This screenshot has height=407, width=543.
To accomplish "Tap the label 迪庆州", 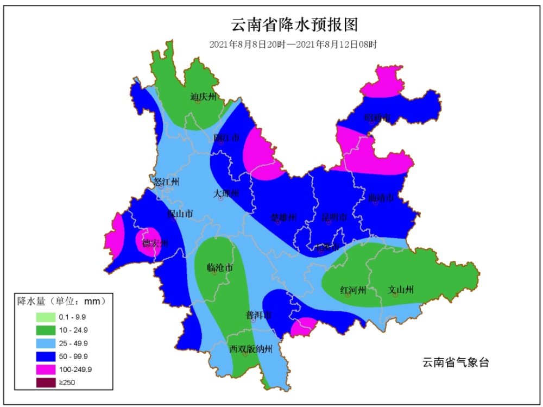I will click(x=203, y=97).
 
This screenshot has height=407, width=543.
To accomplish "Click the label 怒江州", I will click(x=166, y=182).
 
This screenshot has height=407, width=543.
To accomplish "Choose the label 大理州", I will click(x=226, y=193).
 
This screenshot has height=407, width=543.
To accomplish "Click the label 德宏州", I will click(x=155, y=243).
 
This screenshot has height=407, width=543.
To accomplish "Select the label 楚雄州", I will click(x=283, y=218).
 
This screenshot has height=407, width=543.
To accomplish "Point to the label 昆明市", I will click(x=334, y=218).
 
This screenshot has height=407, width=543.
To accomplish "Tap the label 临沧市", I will click(x=220, y=268).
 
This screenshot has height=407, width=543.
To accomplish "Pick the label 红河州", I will click(x=353, y=290).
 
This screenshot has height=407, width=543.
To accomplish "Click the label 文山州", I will click(x=401, y=290).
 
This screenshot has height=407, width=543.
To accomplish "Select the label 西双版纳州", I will click(x=250, y=348).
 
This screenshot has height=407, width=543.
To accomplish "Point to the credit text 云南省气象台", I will click(x=456, y=362).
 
